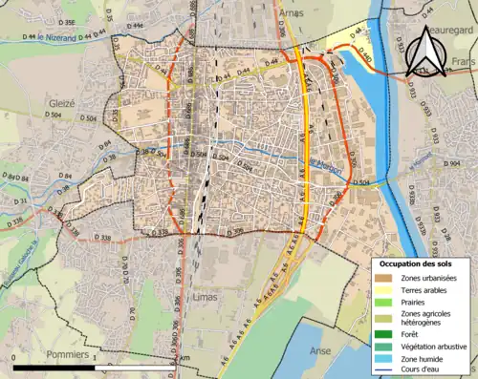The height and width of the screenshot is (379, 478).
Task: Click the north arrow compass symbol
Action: (x=427, y=53)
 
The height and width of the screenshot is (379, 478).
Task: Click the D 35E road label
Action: (x=66, y=20)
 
